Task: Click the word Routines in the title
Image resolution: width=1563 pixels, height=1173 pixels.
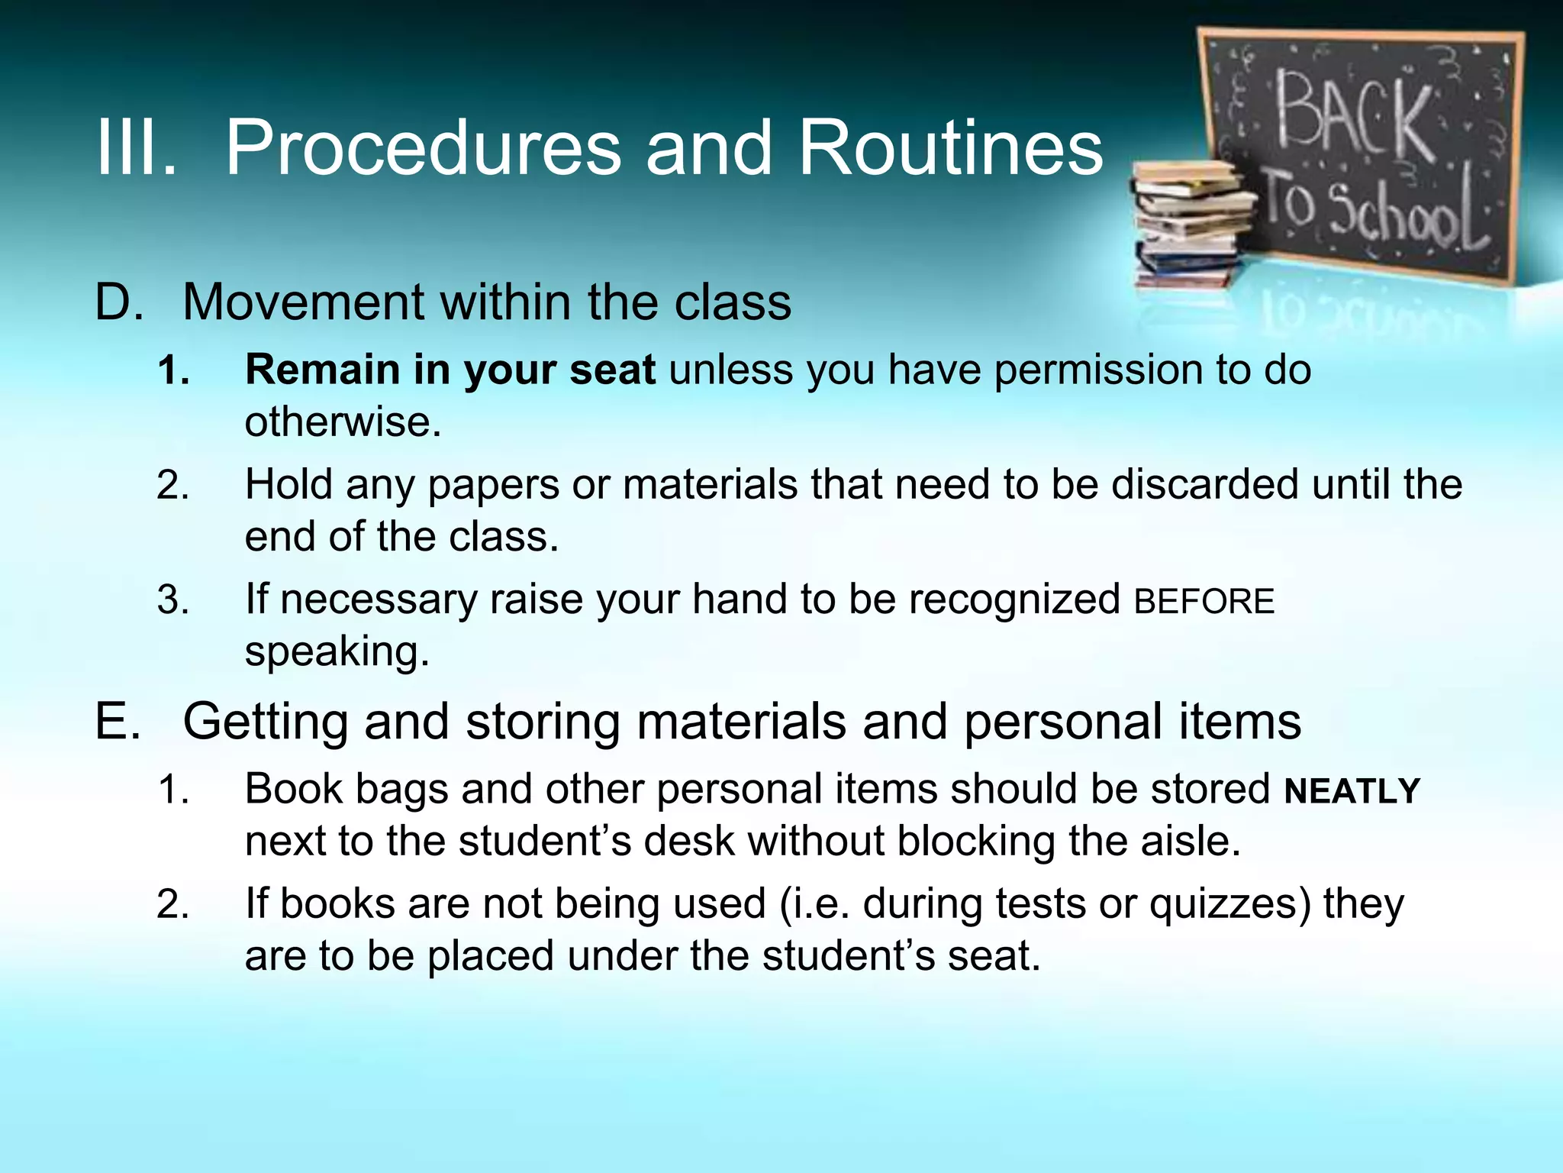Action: (x=950, y=148)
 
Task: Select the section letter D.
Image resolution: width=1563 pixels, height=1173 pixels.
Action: (x=119, y=302)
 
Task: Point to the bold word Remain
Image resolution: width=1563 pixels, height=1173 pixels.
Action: (x=321, y=370)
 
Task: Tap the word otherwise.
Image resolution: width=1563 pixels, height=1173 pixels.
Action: (x=342, y=422)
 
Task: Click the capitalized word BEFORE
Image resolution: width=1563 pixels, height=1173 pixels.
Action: (x=1204, y=602)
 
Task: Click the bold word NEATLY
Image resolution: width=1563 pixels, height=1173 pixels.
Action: (x=1352, y=791)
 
